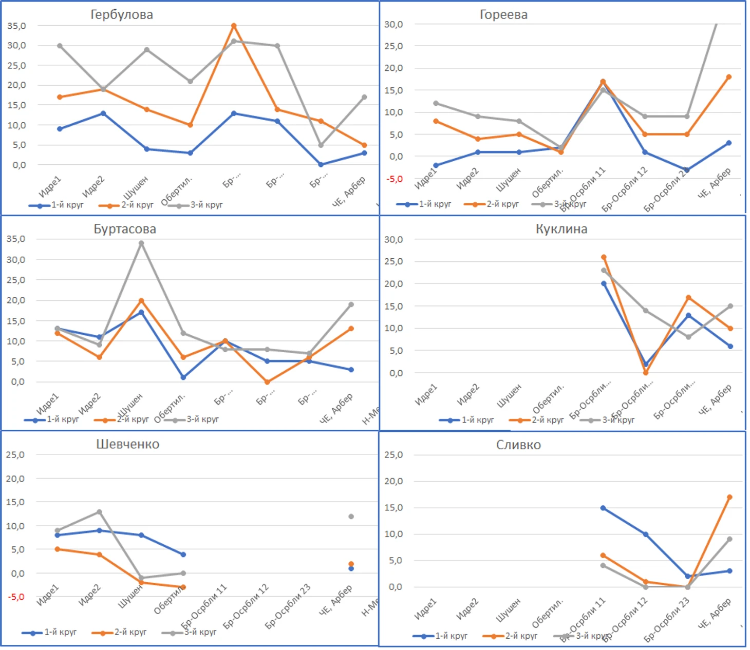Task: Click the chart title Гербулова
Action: pos(122,14)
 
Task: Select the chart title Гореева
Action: pos(503,14)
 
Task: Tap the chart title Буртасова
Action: pos(125,229)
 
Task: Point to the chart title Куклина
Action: pos(561,229)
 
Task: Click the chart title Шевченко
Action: pos(128,444)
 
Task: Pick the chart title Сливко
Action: pos(518,445)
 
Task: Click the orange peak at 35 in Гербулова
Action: pos(234,26)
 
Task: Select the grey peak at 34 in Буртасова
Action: pos(141,243)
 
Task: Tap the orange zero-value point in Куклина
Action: pos(646,373)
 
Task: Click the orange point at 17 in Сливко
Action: pos(729,497)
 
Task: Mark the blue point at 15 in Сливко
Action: pos(603,508)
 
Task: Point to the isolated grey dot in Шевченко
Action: pos(351,517)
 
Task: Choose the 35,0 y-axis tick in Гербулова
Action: pos(16,26)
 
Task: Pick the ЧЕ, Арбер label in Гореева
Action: pos(715,183)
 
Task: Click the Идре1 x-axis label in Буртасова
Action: pos(48,404)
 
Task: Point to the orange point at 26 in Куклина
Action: pos(604,257)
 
